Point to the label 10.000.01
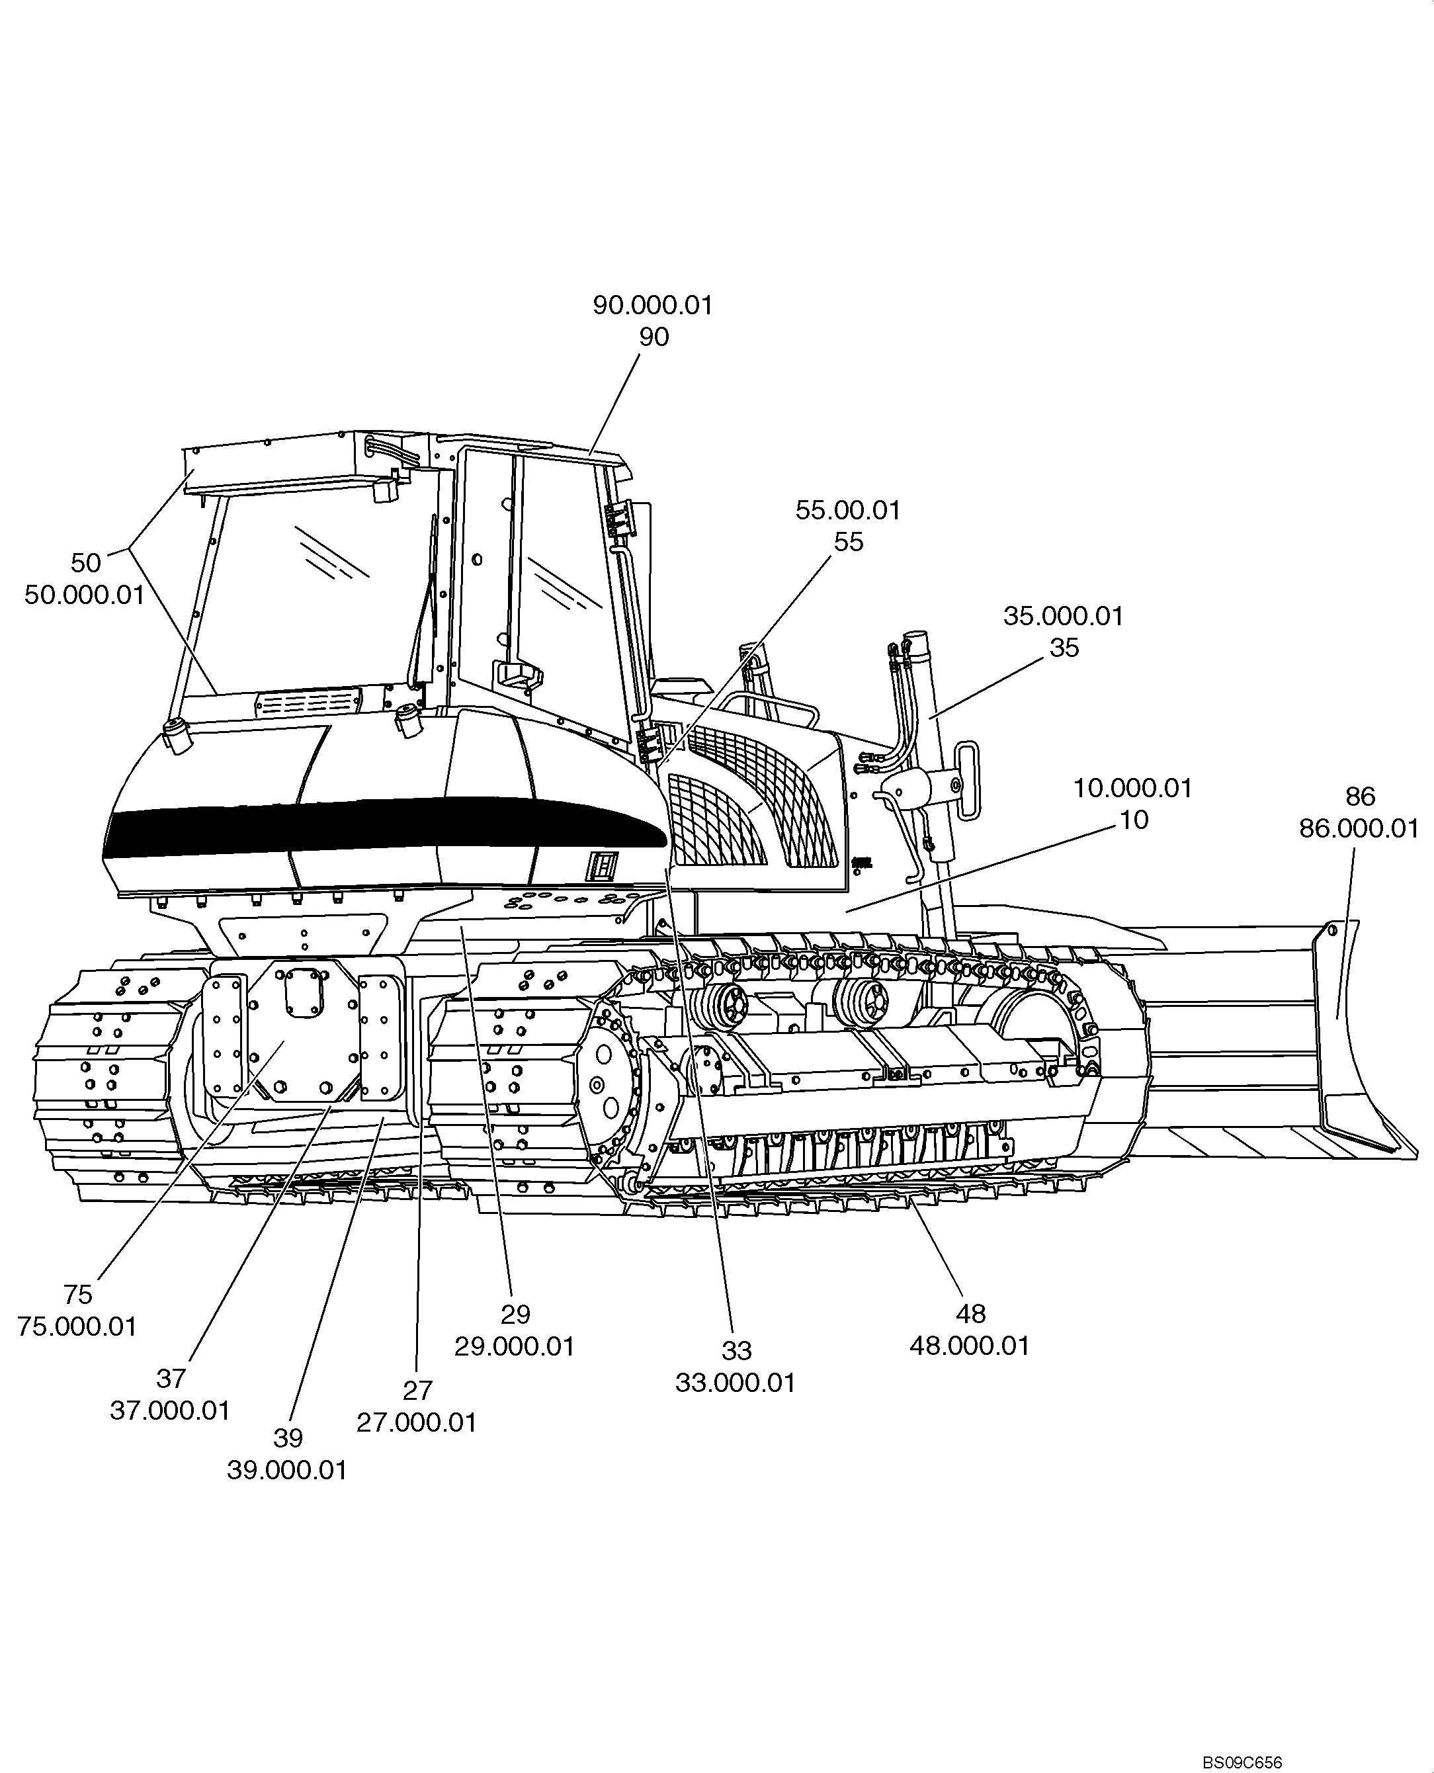click(1132, 787)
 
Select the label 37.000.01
click(169, 1410)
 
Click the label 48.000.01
click(969, 1345)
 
